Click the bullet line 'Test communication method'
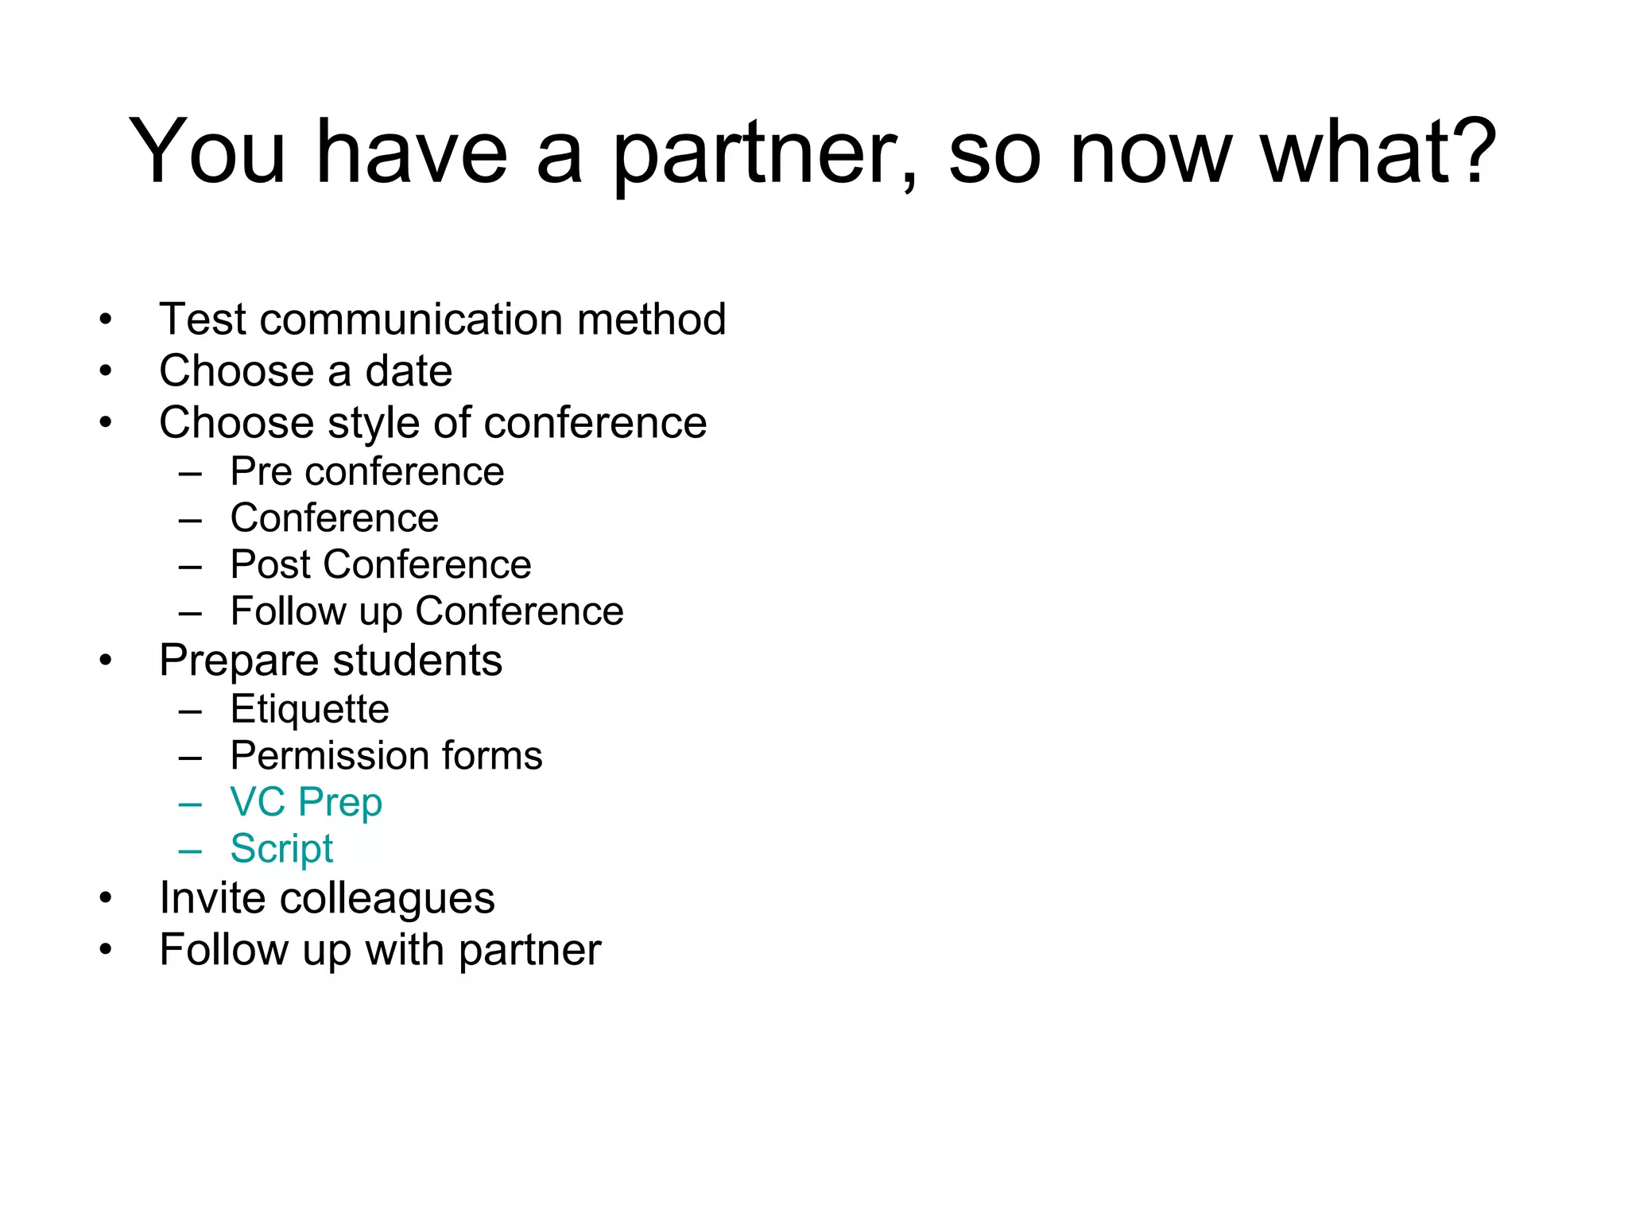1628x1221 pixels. [442, 320]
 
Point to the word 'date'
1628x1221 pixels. [409, 371]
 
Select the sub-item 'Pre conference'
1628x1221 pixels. [366, 472]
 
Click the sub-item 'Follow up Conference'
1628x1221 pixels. [427, 611]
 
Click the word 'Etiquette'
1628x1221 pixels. [309, 709]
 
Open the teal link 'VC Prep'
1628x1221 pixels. [306, 802]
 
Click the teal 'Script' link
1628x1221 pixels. [281, 849]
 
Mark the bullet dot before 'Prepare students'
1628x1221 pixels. [106, 661]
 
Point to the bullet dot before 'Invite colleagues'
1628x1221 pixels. [106, 898]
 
